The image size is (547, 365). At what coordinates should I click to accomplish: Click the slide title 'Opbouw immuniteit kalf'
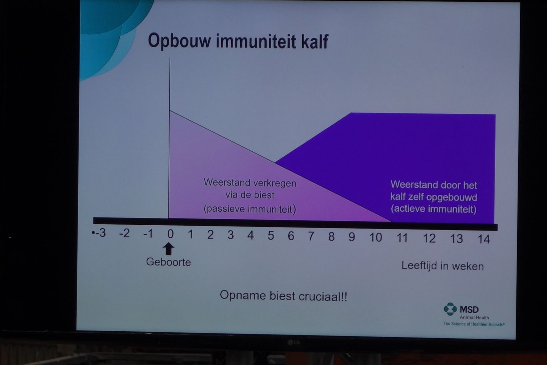(x=238, y=41)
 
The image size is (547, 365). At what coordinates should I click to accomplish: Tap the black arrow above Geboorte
(x=169, y=249)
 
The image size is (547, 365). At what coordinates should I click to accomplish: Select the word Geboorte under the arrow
(x=169, y=262)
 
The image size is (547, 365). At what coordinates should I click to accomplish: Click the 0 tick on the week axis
(x=170, y=234)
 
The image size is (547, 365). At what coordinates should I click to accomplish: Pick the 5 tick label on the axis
(x=270, y=236)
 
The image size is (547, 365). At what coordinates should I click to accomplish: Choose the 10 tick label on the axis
(x=376, y=237)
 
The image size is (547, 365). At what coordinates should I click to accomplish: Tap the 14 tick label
(x=484, y=239)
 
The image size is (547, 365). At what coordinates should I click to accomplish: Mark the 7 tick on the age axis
(x=311, y=236)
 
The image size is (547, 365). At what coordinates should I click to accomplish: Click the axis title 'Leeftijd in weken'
(x=442, y=266)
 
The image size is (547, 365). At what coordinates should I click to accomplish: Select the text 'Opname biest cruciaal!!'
(x=283, y=296)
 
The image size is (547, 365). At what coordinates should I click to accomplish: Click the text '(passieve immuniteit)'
(x=250, y=209)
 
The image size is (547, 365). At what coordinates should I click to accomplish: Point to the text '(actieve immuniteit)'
(x=434, y=209)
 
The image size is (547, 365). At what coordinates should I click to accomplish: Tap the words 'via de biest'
(x=250, y=195)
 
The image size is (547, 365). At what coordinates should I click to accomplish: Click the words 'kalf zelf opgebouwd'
(x=434, y=197)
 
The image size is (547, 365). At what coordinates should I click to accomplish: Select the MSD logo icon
(x=450, y=309)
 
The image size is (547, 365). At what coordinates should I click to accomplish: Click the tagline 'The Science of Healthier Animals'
(x=474, y=324)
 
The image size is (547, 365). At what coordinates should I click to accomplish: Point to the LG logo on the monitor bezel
(x=293, y=342)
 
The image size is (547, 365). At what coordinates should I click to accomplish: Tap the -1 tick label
(x=148, y=234)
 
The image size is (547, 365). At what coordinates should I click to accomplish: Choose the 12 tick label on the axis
(x=429, y=238)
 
